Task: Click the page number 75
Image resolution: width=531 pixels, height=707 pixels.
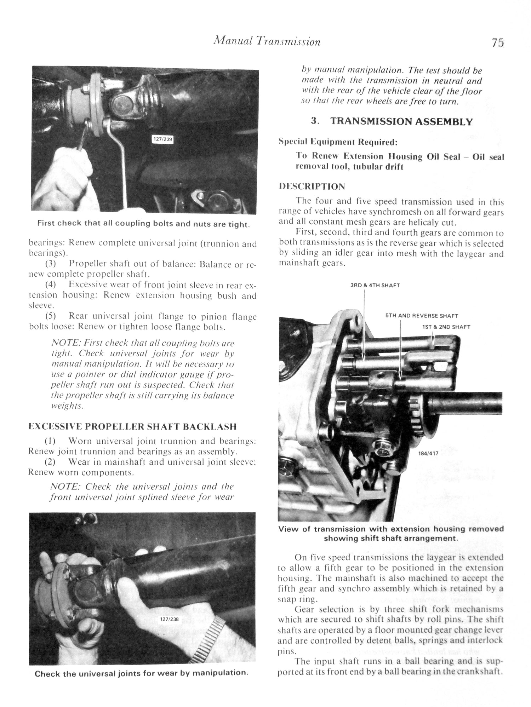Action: pos(497,42)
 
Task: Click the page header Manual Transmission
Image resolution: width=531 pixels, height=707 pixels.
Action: pos(267,42)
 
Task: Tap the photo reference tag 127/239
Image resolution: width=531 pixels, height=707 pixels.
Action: pos(162,139)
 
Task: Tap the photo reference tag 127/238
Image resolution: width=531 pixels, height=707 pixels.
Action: pos(169,619)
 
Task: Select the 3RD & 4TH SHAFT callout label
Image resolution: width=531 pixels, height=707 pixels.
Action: pos(375,285)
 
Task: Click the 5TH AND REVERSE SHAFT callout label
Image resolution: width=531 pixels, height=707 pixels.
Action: pos(422,316)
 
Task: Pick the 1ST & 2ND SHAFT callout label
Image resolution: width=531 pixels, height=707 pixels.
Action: pos(446,327)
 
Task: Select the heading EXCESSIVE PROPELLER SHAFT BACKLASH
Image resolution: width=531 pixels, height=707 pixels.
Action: pos(132,426)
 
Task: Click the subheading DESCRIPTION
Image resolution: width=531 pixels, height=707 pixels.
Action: pos(312,186)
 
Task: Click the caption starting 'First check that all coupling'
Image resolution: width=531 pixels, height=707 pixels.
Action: pos(144,224)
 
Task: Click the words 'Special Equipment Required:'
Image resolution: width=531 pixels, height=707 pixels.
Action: pos(338,142)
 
